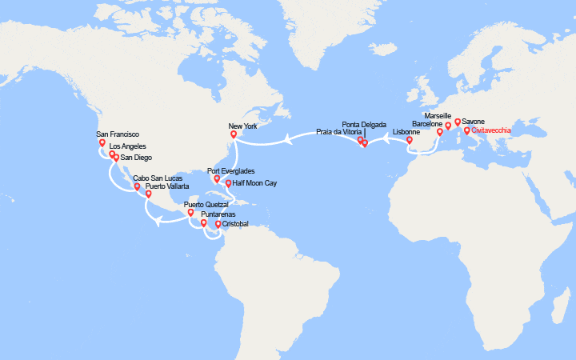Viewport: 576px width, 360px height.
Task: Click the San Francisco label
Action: point(118,134)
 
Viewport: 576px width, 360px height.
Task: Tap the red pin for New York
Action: point(234,135)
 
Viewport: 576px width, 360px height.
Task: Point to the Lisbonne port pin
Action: point(410,141)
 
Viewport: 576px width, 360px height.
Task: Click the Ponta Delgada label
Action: point(364,125)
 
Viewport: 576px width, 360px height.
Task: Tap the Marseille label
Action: point(438,116)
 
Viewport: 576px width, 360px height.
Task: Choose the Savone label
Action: point(473,122)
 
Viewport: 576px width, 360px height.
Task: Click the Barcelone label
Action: point(426,125)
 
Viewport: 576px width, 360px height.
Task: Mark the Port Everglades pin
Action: point(218,179)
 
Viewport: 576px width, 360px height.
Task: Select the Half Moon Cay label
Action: point(255,183)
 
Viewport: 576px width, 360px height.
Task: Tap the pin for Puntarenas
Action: point(204,223)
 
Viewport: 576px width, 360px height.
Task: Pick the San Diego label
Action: point(136,158)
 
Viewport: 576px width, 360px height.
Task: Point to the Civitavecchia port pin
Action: point(467,130)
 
